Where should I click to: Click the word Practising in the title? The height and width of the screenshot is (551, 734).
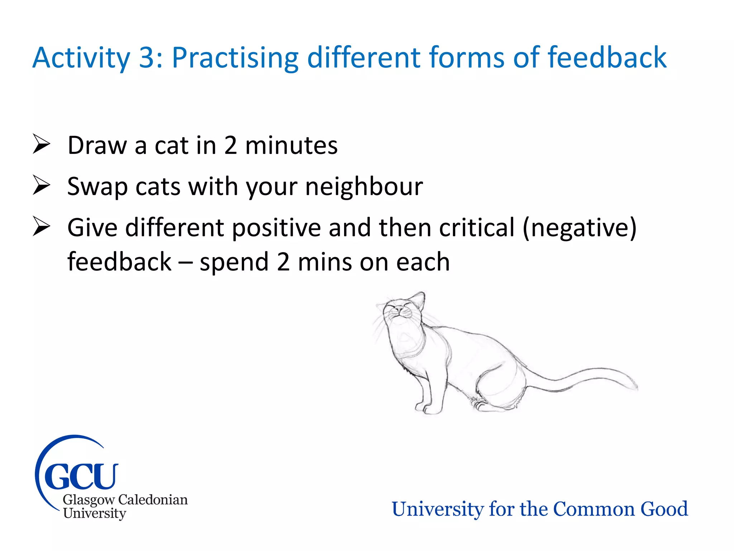tap(235, 58)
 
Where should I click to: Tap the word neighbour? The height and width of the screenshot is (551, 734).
tap(364, 187)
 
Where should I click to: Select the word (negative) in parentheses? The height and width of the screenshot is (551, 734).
tap(579, 228)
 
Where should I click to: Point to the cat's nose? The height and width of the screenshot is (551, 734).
tap(398, 309)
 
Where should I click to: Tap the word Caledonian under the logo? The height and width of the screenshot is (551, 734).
tap(153, 500)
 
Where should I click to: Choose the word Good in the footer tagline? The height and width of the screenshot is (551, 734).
tap(664, 509)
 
